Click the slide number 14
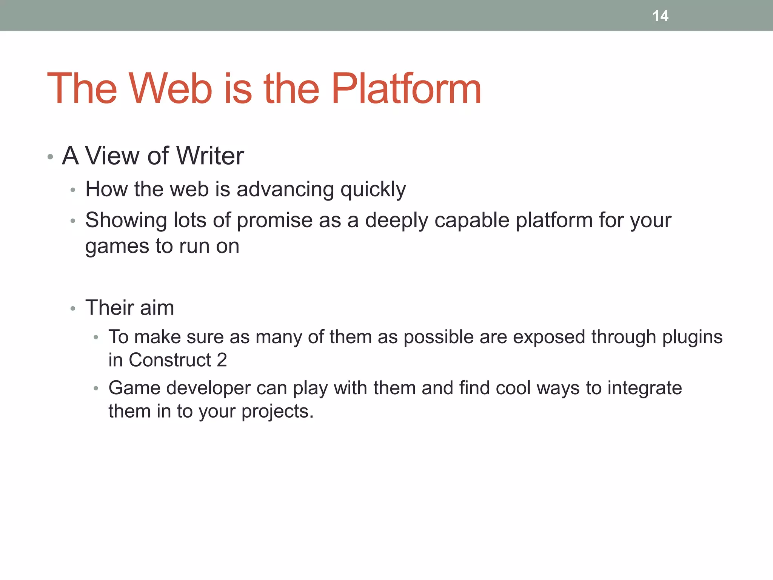pos(660,16)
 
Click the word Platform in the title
pos(406,89)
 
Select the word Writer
pos(210,156)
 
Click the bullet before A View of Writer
pos(50,157)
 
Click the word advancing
pos(285,189)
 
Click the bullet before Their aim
pos(73,309)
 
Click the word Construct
pos(169,360)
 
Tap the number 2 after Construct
pos(222,360)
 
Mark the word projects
pos(277,412)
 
